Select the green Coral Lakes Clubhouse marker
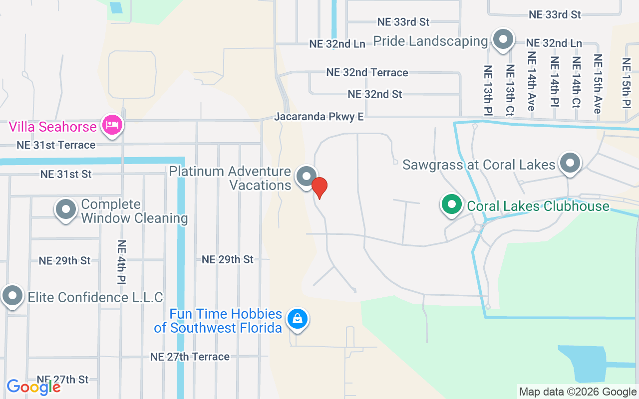(x=451, y=204)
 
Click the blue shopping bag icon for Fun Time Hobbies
(x=298, y=318)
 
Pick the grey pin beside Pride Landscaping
(x=503, y=39)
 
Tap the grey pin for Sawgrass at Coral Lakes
(x=570, y=163)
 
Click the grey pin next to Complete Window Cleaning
(x=66, y=209)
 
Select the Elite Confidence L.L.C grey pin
(x=12, y=296)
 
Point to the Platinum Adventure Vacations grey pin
(x=306, y=176)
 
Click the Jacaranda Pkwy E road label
(x=319, y=117)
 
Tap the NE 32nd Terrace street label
(x=367, y=72)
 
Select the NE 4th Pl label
(x=121, y=262)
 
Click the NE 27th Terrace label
(x=190, y=357)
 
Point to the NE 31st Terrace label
(x=56, y=145)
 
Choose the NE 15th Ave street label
(x=598, y=84)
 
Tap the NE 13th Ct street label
(x=510, y=90)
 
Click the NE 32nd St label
(x=375, y=94)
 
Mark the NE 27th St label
(x=63, y=380)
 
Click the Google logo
(x=33, y=387)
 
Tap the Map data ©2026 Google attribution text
(x=578, y=392)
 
